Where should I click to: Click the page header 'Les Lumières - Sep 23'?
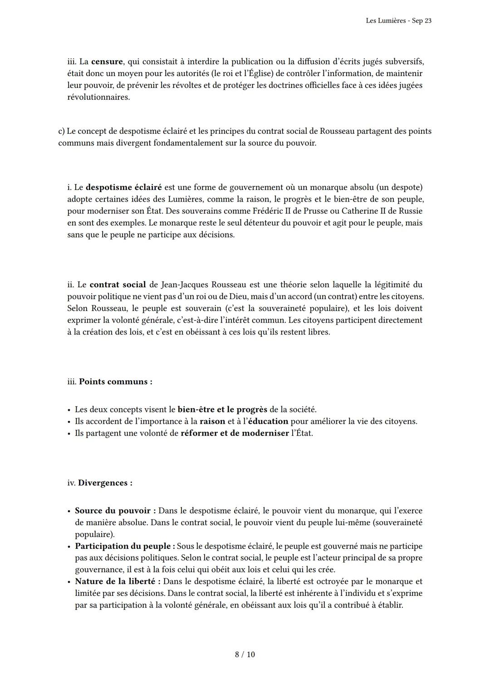point(398,21)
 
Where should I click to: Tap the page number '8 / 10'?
point(245,654)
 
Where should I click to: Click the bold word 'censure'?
point(107,62)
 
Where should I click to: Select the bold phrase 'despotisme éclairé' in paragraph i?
point(123,187)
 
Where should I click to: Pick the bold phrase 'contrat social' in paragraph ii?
point(118,285)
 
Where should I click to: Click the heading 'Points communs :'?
point(115,382)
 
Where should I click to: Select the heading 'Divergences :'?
point(105,483)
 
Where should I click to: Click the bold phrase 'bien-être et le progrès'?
point(222,410)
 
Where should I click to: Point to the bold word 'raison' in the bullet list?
point(212,421)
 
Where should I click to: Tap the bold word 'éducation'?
point(268,421)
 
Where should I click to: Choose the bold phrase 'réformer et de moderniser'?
point(235,433)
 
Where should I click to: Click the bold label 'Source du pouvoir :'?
point(115,511)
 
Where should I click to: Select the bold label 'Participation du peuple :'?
point(125,546)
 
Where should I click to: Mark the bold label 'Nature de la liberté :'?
point(118,581)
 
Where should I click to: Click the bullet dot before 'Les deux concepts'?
point(69,410)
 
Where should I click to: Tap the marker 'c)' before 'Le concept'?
point(61,131)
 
